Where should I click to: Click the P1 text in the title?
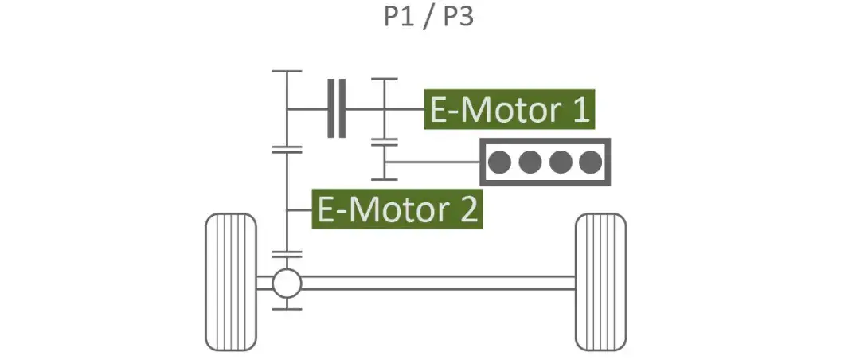(401, 18)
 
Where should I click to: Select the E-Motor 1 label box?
(510, 109)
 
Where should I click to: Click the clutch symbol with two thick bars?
(336, 108)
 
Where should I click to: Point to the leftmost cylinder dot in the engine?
(499, 162)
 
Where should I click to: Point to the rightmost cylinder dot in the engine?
(590, 162)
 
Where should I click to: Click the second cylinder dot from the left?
(530, 162)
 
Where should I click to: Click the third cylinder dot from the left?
(560, 162)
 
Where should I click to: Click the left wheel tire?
(231, 282)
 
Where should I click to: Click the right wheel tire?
(600, 282)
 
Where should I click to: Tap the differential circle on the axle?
(287, 282)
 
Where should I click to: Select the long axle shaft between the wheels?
(438, 282)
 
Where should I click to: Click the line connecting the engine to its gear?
(434, 162)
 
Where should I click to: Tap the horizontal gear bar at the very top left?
(287, 71)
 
